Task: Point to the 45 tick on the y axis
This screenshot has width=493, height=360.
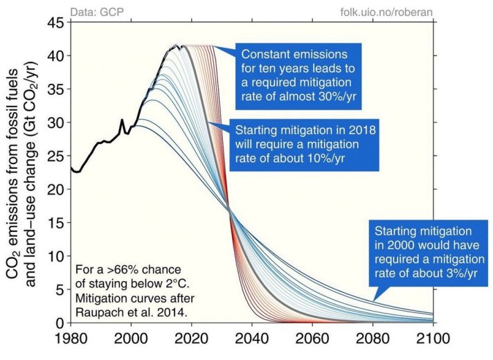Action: tap(57, 23)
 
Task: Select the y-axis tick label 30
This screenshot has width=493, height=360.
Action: tap(57, 123)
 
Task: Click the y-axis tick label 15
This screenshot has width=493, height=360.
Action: tap(57, 223)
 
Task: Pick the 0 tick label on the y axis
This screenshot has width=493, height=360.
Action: tap(61, 323)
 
